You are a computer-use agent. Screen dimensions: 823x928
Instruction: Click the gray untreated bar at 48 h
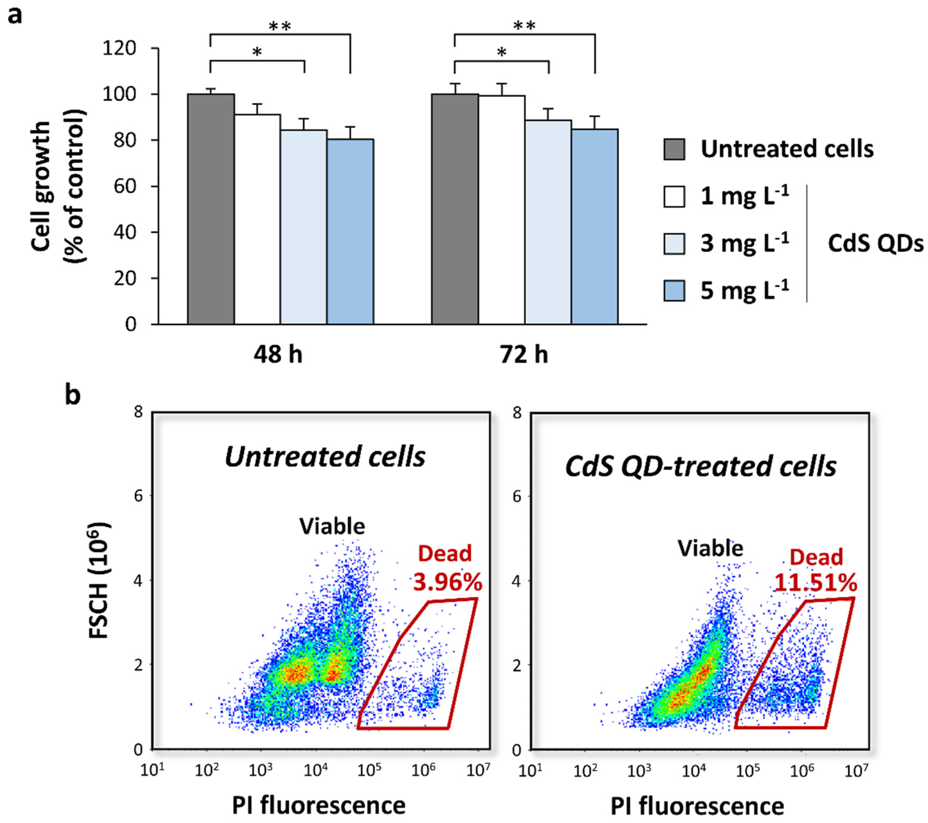(211, 209)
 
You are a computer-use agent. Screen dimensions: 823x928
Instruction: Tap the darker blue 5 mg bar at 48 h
(351, 232)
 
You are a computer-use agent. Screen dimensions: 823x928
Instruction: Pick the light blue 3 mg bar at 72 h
(548, 223)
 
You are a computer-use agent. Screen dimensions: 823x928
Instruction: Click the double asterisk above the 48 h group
(280, 26)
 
